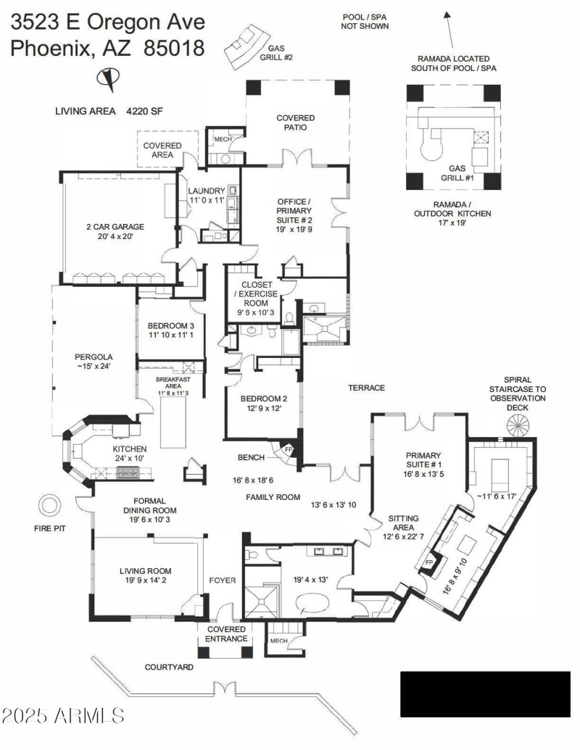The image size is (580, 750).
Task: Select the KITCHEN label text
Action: pos(130,449)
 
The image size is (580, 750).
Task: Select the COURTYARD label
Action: pos(168,667)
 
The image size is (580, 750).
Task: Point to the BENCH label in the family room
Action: pos(250,457)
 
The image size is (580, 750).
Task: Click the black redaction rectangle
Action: pos(485,693)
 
